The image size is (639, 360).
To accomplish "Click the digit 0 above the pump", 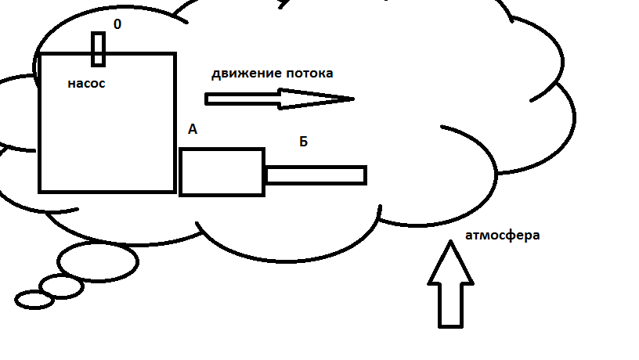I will [117, 24].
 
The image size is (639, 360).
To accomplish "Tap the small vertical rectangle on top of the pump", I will [98, 49].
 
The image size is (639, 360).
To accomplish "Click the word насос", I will [86, 82].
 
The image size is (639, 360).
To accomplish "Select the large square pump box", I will [107, 133].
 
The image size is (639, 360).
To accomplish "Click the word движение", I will [246, 74].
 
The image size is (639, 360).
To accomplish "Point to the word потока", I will [309, 74].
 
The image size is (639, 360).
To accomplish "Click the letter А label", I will [193, 129].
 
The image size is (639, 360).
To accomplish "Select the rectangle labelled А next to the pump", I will [222, 171].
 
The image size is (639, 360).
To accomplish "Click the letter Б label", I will [304, 142].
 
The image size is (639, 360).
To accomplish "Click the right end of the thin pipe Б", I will [363, 175].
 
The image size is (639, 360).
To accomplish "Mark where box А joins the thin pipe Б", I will [265, 175].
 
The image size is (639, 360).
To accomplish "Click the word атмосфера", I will [502, 235].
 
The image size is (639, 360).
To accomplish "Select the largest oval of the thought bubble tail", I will [98, 261].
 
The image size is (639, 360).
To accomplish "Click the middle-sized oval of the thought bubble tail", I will [61, 286].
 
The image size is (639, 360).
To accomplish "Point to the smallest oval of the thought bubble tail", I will [34, 299].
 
